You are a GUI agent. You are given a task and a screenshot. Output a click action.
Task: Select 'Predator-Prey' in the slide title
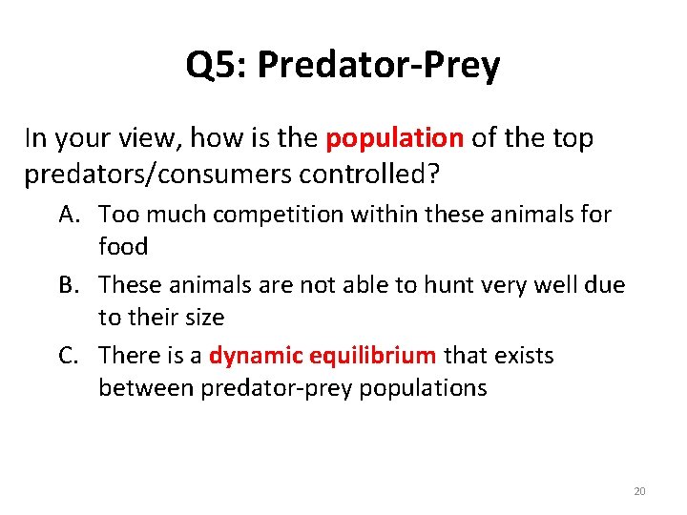tap(378, 65)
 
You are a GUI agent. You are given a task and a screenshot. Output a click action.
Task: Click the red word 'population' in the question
tap(394, 138)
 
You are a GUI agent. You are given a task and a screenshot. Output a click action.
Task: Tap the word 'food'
tap(123, 246)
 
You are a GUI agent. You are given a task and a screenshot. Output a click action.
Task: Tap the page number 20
tap(639, 491)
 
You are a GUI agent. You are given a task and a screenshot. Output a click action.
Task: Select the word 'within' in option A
tap(385, 215)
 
